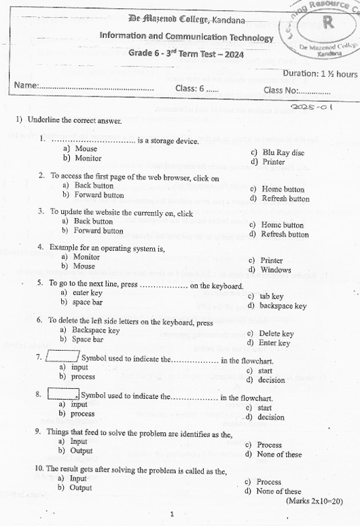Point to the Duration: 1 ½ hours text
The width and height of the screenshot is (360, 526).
pyautogui.click(x=319, y=73)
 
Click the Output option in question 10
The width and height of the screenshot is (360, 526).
pyautogui.click(x=80, y=488)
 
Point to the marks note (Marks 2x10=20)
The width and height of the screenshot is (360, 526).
pyautogui.click(x=314, y=501)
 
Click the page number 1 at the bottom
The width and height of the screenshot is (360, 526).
pyautogui.click(x=173, y=514)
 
